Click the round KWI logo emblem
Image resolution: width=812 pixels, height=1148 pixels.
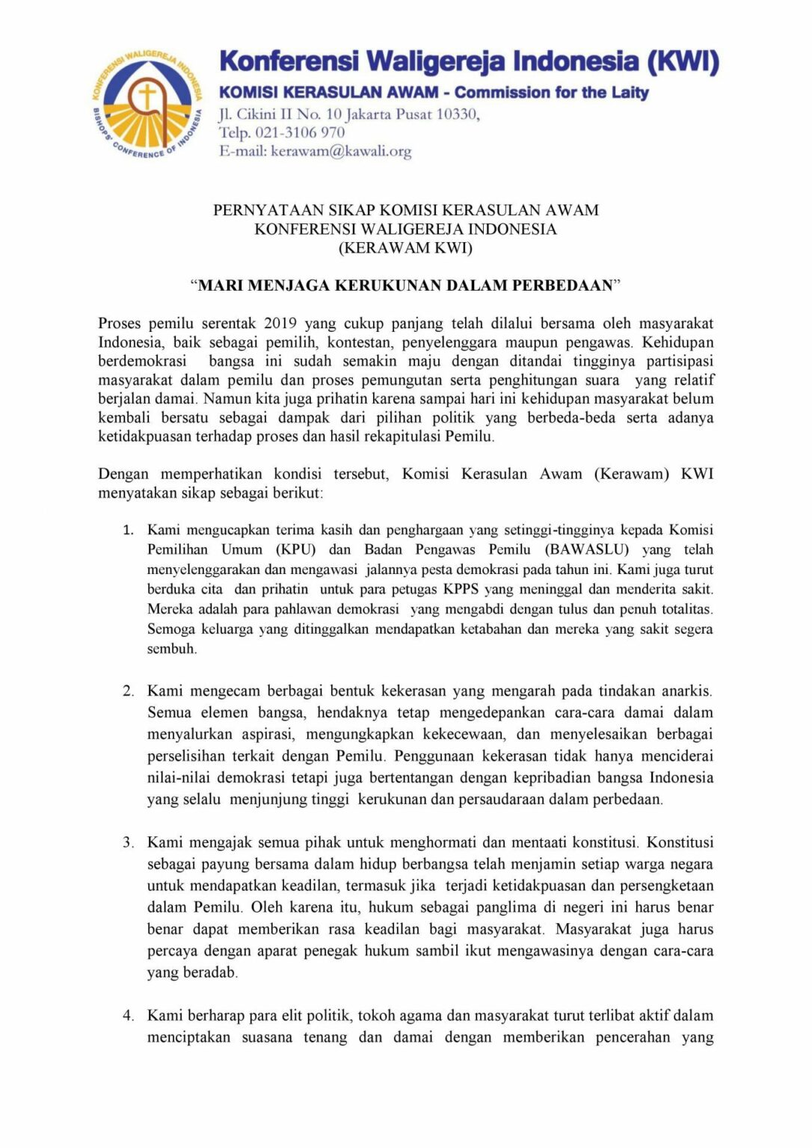tap(147, 104)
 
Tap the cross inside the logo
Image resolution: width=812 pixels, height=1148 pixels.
tap(147, 96)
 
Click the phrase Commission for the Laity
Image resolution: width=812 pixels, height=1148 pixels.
tap(551, 93)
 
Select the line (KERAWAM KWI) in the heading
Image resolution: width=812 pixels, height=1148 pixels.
tap(405, 247)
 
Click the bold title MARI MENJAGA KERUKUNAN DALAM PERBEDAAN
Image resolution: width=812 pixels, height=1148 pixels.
tap(405, 285)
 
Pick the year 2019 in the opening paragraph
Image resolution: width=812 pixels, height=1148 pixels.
tap(280, 324)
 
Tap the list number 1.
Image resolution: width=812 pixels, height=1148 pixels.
tap(128, 531)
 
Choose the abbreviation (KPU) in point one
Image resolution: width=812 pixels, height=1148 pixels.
tap(295, 550)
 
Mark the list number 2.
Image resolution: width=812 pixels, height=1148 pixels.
tap(128, 691)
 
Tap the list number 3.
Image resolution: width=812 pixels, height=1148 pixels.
tap(128, 843)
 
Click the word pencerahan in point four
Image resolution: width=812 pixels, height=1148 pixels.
tap(633, 1038)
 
